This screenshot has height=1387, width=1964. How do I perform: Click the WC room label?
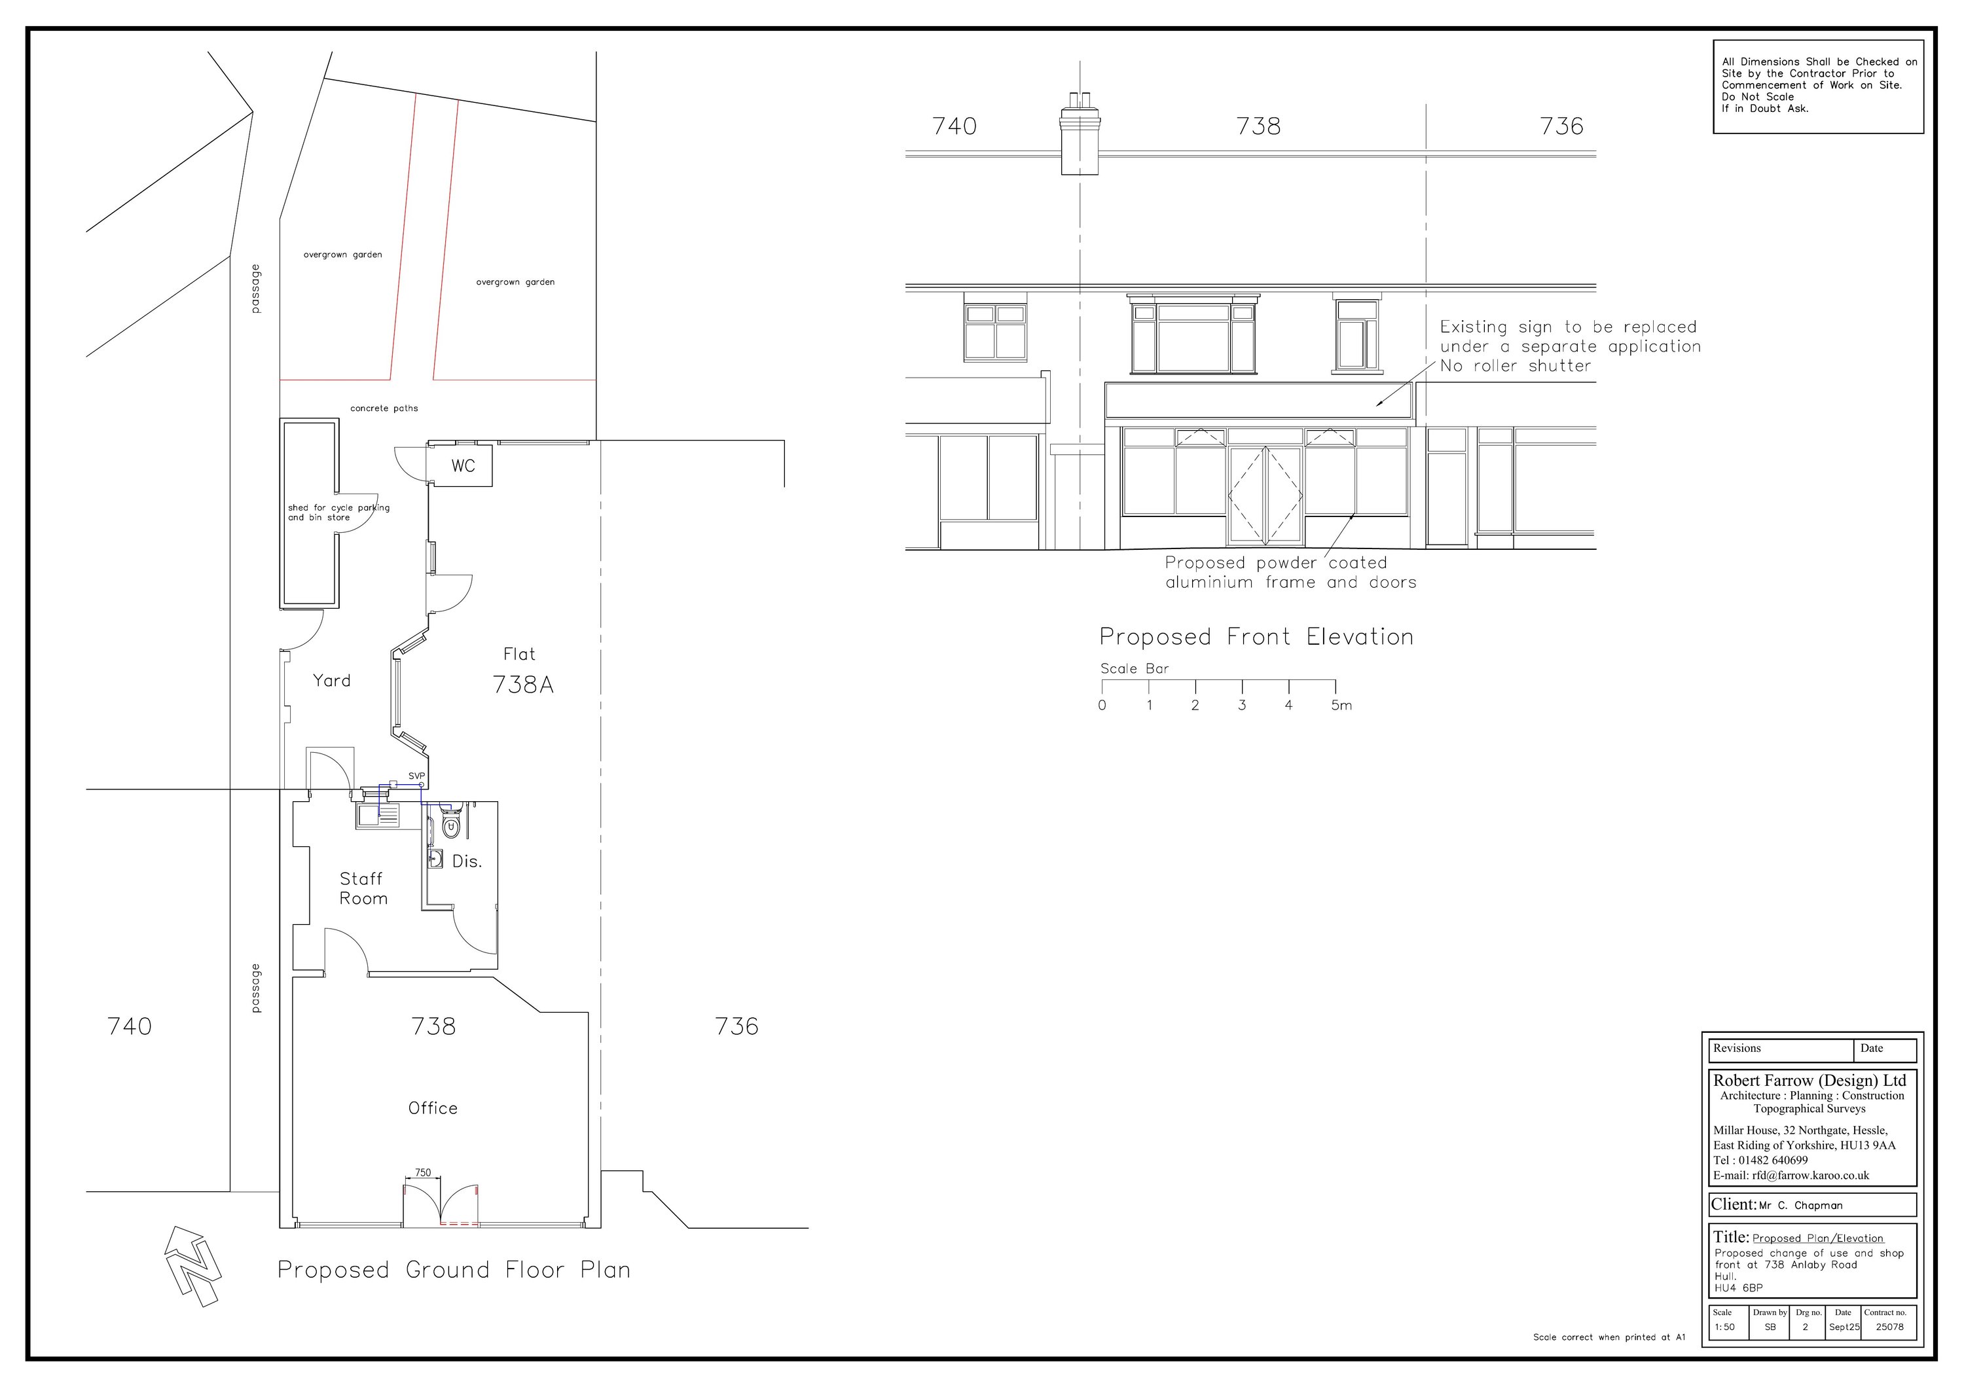pyautogui.click(x=463, y=466)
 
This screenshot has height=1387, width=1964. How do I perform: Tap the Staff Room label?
pyautogui.click(x=363, y=888)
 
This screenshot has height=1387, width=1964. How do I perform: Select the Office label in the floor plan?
pyautogui.click(x=433, y=1108)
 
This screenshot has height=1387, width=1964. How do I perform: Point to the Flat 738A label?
pyautogui.click(x=522, y=672)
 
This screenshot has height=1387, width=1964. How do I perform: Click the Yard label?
pyautogui.click(x=331, y=681)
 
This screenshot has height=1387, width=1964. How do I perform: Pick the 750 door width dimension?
pyautogui.click(x=422, y=1172)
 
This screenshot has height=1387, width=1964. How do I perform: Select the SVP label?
pyautogui.click(x=416, y=776)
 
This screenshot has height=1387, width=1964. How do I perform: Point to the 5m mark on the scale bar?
pyautogui.click(x=1340, y=706)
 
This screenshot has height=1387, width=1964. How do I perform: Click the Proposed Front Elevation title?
pyautogui.click(x=1256, y=637)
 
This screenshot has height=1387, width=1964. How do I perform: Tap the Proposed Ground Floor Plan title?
pyautogui.click(x=454, y=1270)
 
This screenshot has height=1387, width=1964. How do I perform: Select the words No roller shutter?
pyautogui.click(x=1515, y=366)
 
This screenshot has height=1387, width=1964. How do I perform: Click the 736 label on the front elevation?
pyautogui.click(x=1561, y=126)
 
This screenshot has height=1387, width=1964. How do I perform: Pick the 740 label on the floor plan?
pyautogui.click(x=129, y=1026)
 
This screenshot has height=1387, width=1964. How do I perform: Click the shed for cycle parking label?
pyautogui.click(x=338, y=513)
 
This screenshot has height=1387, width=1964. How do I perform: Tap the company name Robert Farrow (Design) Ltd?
pyautogui.click(x=1809, y=1081)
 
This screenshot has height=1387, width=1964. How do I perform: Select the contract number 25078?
pyautogui.click(x=1889, y=1327)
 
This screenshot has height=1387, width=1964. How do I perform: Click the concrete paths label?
pyautogui.click(x=384, y=408)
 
